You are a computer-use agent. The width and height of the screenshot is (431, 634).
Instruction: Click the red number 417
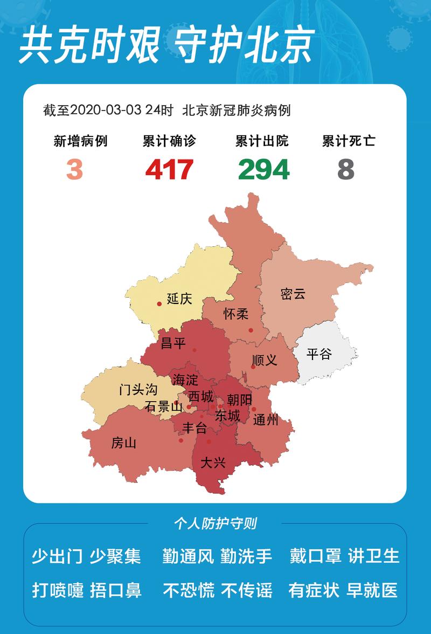(169, 170)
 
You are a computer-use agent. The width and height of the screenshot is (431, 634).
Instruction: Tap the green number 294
(264, 170)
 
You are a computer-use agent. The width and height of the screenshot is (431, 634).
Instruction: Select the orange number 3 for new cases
(75, 170)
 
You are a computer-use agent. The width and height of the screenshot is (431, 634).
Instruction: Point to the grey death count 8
(346, 170)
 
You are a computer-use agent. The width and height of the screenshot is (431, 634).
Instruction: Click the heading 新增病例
(80, 141)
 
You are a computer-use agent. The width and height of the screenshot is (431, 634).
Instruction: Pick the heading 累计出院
(262, 141)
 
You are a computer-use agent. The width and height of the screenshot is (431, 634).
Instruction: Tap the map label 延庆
(179, 298)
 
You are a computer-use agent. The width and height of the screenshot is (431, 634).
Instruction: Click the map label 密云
(293, 294)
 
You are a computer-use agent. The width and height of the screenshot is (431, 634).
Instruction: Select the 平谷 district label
(319, 354)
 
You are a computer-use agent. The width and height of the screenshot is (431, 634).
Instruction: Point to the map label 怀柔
(236, 314)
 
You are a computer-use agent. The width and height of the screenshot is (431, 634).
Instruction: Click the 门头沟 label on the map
(138, 390)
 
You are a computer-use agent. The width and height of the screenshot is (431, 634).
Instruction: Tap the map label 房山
(123, 443)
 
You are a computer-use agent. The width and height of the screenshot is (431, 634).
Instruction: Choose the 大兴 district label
(213, 463)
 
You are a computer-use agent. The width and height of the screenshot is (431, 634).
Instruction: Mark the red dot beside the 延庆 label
(159, 304)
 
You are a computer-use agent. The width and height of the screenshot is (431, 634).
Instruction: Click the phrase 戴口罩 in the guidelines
(315, 556)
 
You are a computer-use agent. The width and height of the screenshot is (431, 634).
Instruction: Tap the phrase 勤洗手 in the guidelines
(246, 556)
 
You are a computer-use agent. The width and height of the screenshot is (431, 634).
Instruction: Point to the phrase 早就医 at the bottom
(373, 590)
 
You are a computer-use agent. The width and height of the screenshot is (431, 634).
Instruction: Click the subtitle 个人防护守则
(215, 523)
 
